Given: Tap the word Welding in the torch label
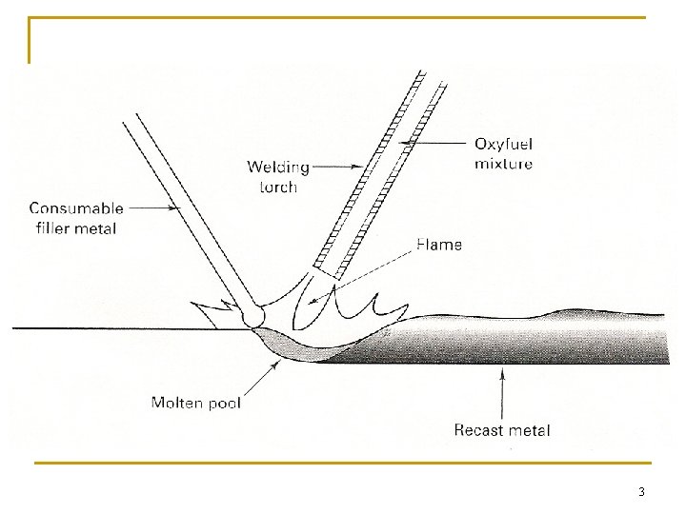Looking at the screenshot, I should pos(278,168).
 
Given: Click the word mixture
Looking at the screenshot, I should pos(503,163).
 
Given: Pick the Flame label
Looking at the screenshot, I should pos(439,245).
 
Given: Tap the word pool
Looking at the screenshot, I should pos(224,404).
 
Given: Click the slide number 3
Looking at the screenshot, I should pos(641,492).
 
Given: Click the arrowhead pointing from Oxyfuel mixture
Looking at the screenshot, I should pos(406,144).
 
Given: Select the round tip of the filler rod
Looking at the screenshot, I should pos(253,315).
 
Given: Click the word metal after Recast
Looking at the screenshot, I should pos(530,430).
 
